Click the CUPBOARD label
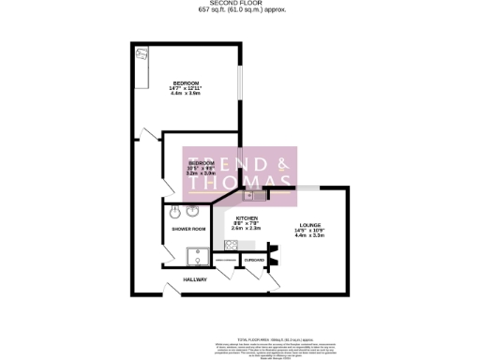click(253, 260)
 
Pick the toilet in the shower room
click(193, 211)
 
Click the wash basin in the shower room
click(173, 211)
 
